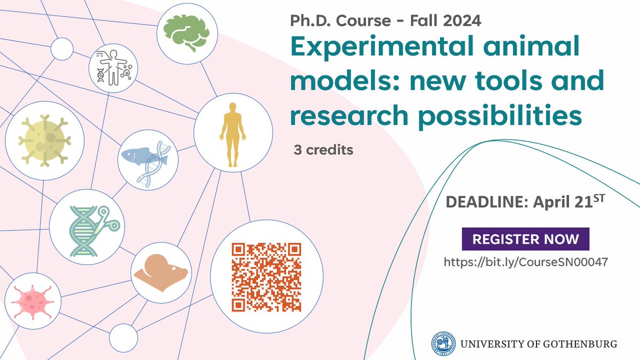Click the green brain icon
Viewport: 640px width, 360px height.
[x=187, y=31]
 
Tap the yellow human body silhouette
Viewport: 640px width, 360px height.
[x=233, y=130]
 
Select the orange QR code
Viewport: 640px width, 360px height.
[x=267, y=277]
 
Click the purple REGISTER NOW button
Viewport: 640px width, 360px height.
[x=525, y=238]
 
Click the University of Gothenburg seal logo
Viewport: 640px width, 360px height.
[x=445, y=343]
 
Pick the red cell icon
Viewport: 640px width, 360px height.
[x=30, y=298]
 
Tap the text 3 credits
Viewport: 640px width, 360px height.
[x=323, y=150]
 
